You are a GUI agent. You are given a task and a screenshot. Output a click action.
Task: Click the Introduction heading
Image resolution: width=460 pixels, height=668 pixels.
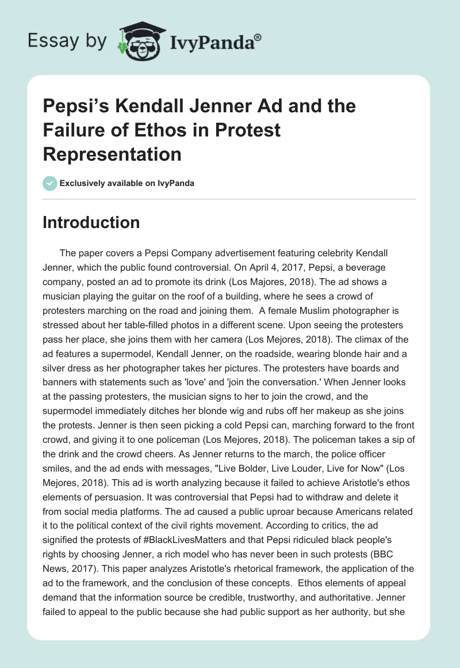(91, 223)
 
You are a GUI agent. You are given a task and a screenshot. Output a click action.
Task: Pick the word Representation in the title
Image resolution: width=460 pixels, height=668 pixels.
(112, 154)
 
